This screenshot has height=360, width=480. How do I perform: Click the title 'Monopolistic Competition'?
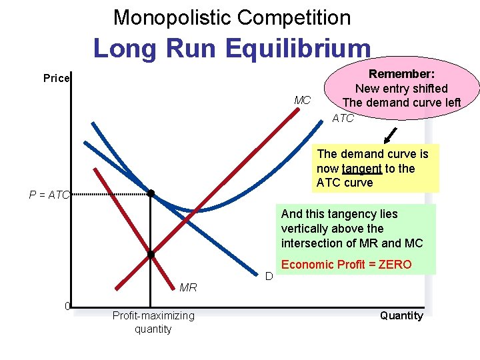232,17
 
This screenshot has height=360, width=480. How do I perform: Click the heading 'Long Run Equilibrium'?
231,48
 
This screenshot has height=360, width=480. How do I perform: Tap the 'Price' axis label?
57,78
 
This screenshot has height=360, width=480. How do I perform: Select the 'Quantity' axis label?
401,315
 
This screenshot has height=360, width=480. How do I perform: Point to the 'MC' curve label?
303,100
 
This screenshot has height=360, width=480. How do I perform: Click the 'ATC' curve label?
343,118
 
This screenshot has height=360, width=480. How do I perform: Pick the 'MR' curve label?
188,287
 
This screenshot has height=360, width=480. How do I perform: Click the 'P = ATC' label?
49,195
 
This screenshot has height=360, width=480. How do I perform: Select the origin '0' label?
67,306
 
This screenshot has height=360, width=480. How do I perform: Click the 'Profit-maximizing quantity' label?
153,322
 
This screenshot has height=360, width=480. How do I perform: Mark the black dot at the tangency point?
151,193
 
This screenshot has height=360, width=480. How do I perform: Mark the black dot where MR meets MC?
151,255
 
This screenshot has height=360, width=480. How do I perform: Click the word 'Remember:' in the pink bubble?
402,74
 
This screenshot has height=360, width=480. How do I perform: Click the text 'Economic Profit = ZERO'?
347,264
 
